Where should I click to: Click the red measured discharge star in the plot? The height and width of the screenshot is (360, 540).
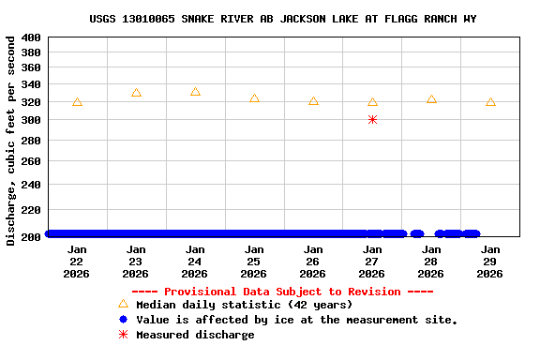[372, 120]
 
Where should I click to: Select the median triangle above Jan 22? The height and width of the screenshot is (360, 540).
[77, 102]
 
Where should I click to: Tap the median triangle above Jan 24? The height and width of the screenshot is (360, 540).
[195, 92]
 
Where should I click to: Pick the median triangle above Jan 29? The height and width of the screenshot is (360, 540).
[490, 102]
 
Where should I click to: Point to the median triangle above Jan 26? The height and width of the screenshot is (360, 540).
[313, 101]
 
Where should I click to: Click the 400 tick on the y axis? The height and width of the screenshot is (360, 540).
[31, 37]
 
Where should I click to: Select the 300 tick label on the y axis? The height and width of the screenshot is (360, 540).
[31, 121]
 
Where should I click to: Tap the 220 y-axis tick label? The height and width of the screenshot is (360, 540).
[31, 212]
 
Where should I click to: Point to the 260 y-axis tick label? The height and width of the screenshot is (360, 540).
[31, 161]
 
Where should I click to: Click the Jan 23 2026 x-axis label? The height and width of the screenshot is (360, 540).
[136, 262]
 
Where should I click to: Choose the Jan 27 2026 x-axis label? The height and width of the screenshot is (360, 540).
[372, 262]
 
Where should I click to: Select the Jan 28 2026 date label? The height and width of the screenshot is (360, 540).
[431, 262]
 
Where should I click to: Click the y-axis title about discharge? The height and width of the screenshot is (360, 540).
[11, 141]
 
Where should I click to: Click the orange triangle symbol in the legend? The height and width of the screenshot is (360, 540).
[123, 304]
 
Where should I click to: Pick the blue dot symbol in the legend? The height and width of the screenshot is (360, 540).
[123, 320]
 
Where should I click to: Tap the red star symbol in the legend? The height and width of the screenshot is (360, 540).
[123, 335]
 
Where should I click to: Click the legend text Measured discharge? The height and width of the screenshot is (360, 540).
[195, 335]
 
